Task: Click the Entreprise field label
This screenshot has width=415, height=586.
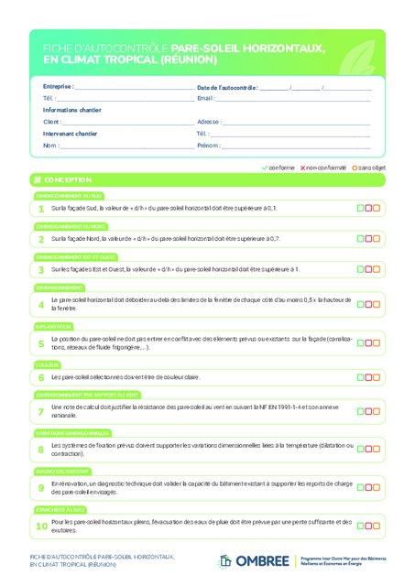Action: pos(58,87)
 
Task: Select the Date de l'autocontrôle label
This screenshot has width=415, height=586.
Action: pos(227,87)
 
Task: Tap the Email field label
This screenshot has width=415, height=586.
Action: pos(205,98)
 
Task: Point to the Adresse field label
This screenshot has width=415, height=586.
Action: pos(208,122)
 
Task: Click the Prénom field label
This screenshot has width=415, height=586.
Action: pos(208,146)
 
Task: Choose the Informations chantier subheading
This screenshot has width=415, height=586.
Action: pos(71,110)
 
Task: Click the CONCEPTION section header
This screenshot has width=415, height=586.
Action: pos(67,180)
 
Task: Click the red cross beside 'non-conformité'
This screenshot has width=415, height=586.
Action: pos(302,168)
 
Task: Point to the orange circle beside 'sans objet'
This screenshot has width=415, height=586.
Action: pos(355,168)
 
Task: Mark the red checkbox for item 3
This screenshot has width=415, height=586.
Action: pos(368,269)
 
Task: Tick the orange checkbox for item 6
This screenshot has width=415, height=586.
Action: pos(377,377)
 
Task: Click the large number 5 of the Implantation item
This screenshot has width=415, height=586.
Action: pos(41,344)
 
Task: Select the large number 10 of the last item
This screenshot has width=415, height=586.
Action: pos(41,526)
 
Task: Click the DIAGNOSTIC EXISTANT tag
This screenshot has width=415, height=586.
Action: pos(60,471)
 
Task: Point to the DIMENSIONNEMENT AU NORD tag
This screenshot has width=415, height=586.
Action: pos(71,226)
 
